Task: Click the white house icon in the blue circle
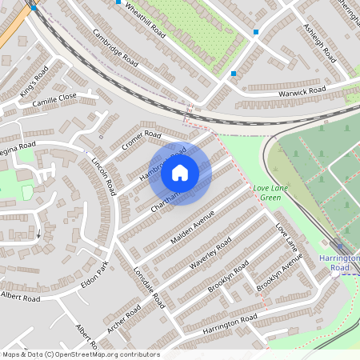point(180,171)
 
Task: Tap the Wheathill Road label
point(142,18)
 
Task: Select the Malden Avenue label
point(193,229)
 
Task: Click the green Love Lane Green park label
point(266,193)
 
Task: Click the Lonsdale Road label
point(148,287)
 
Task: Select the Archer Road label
point(123,318)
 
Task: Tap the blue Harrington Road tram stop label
point(341,262)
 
